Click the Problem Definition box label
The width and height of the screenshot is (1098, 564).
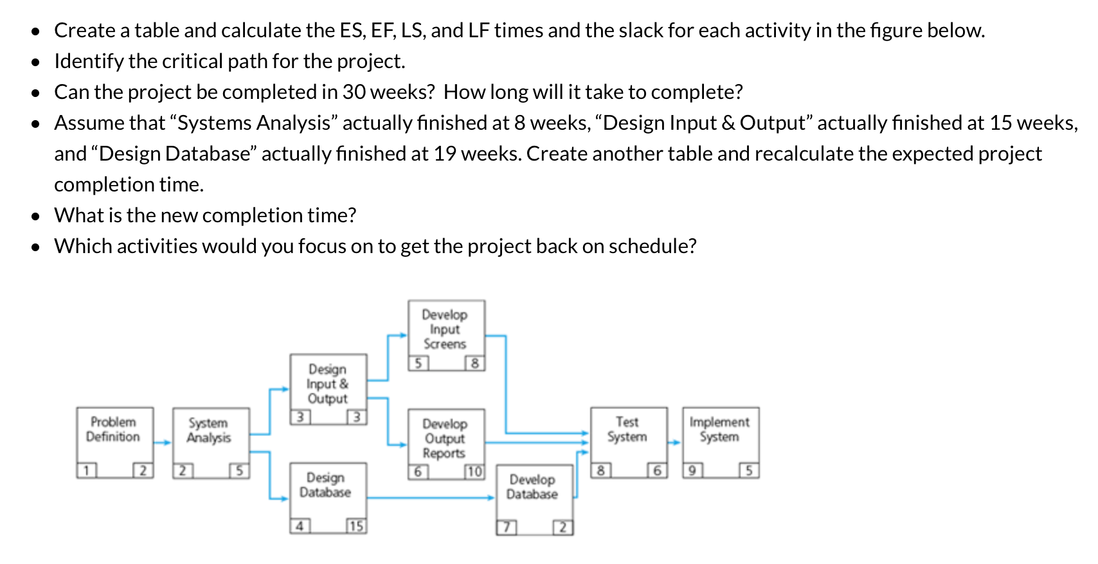[113, 429]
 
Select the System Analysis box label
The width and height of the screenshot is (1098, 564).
[208, 430]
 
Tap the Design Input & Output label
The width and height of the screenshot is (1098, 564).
[327, 383]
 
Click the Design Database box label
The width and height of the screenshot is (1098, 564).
[325, 485]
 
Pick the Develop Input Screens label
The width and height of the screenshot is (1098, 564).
[445, 329]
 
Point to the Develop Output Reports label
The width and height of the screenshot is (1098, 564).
[444, 438]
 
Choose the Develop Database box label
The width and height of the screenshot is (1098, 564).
[532, 487]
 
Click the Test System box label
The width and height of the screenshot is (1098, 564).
[627, 429]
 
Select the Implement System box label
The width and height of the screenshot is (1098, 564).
[719, 429]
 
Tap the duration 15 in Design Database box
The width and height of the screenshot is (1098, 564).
[356, 527]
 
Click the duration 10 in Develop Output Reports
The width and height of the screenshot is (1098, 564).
[474, 471]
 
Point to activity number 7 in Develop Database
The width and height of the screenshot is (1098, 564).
[507, 528]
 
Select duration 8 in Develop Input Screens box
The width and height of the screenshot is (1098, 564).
[475, 364]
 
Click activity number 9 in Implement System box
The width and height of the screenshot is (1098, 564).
[692, 471]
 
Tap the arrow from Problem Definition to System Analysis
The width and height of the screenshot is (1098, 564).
[163, 442]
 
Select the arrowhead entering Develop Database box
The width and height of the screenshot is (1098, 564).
[491, 497]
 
